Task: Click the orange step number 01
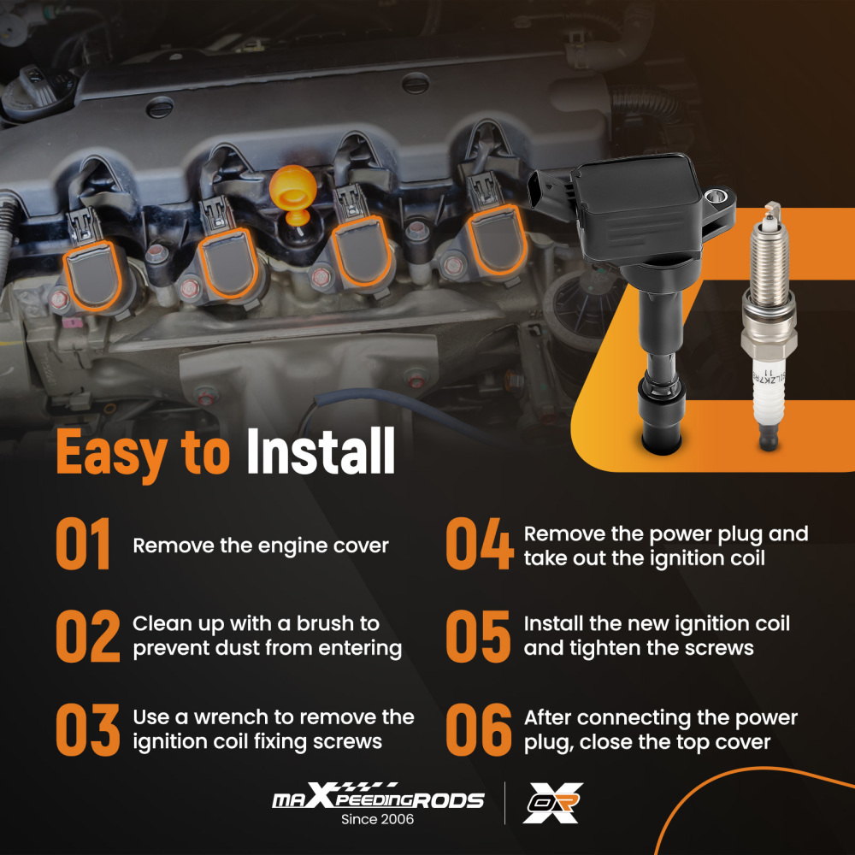click(84, 545)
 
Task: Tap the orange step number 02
click(87, 636)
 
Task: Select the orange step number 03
click(87, 728)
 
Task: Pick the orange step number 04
click(480, 545)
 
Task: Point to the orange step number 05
click(479, 636)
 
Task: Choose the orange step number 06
click(479, 728)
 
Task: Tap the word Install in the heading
click(321, 452)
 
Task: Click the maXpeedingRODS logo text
click(377, 799)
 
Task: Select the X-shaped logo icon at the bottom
click(551, 803)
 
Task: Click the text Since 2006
click(377, 819)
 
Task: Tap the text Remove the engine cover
click(260, 545)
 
